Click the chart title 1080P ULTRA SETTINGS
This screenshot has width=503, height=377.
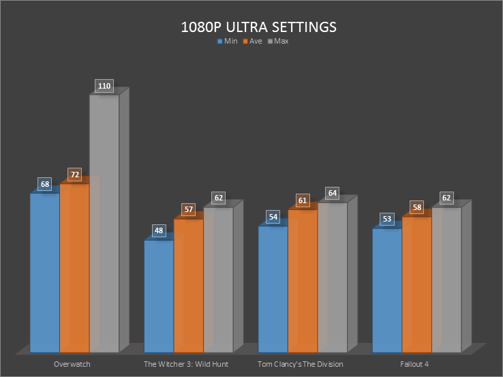[258, 27]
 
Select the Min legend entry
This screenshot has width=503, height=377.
[228, 42]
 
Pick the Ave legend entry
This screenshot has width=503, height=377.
[252, 42]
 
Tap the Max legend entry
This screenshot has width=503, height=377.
[278, 42]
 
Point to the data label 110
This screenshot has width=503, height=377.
[104, 87]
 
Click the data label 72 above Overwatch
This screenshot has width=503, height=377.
[75, 175]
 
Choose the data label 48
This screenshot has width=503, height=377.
[159, 230]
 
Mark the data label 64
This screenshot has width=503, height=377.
[332, 193]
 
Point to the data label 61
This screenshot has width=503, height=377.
[303, 200]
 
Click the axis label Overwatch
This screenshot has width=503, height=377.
[72, 364]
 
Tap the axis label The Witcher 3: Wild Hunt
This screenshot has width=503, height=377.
[186, 364]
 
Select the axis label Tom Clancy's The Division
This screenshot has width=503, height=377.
[301, 364]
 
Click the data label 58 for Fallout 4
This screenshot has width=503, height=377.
[417, 207]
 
